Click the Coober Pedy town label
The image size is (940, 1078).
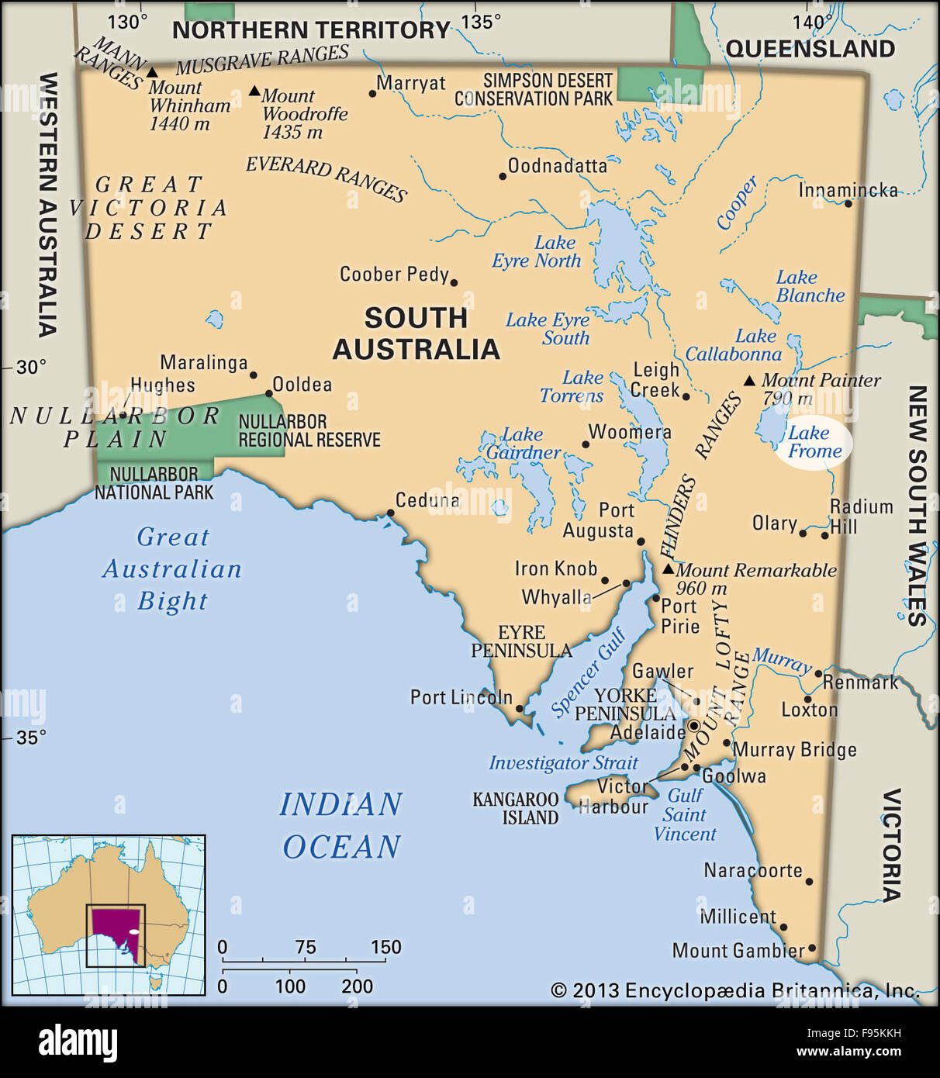pos(394,274)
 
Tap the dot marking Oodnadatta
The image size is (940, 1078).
pos(503,177)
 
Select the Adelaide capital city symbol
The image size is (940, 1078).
pos(694,726)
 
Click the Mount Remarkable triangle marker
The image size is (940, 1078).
pos(668,569)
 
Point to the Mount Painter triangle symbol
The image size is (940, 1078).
pos(749,381)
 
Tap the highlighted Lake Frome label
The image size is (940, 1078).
pos(814,442)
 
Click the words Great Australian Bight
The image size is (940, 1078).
pos(172,568)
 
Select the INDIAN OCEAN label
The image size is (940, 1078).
pos(341,825)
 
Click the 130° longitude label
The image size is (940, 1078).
pos(126,22)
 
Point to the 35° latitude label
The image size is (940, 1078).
pos(31,737)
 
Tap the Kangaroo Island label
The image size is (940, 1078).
pos(516,807)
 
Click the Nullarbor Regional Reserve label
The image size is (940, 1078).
pos(309,430)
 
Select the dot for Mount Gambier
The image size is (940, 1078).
pos(812,948)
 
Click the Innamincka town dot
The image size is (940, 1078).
pos(848,203)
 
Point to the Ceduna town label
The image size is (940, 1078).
pos(427,500)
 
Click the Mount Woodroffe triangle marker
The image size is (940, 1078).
pos(254,91)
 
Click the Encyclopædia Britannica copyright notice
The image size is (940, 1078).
pos(734,990)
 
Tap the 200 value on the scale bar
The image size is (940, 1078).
pos(357,986)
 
